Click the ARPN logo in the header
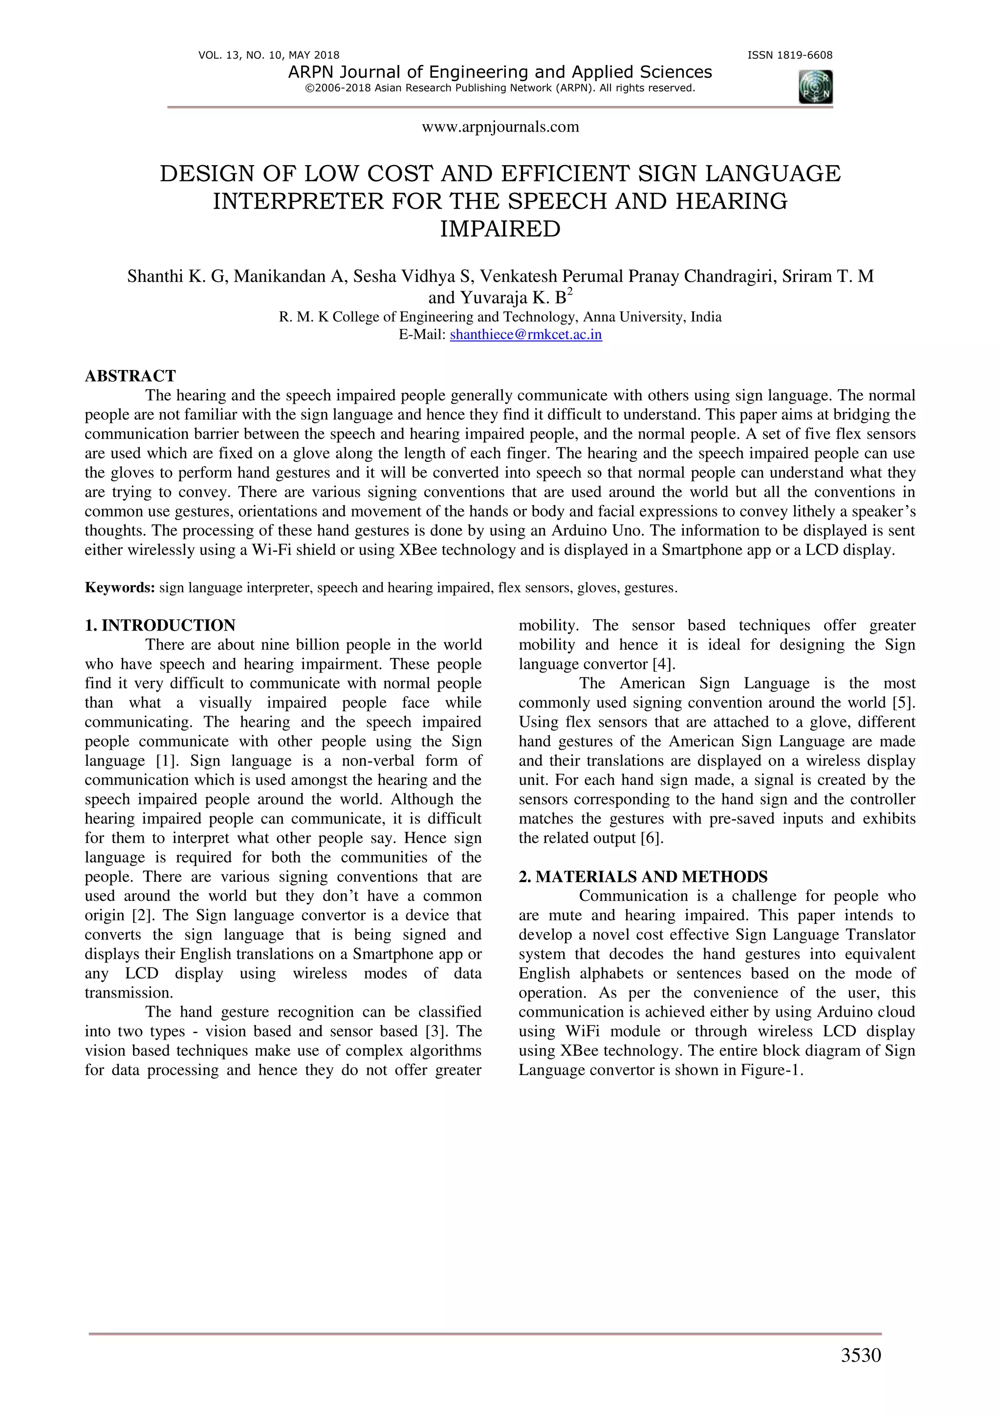pyautogui.click(x=815, y=87)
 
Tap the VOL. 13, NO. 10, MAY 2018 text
pyautogui.click(x=269, y=55)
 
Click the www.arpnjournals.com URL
pyautogui.click(x=500, y=127)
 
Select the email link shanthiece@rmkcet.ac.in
pyautogui.click(x=526, y=335)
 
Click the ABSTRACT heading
pyautogui.click(x=130, y=376)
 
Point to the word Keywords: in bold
pyautogui.click(x=120, y=588)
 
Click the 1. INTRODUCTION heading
pyautogui.click(x=160, y=626)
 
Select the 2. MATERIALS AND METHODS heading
pyautogui.click(x=643, y=876)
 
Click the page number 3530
pyautogui.click(x=860, y=1355)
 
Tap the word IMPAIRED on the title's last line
pyautogui.click(x=500, y=229)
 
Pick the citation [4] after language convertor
pyautogui.click(x=664, y=664)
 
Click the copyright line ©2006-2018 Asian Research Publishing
pyautogui.click(x=500, y=88)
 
